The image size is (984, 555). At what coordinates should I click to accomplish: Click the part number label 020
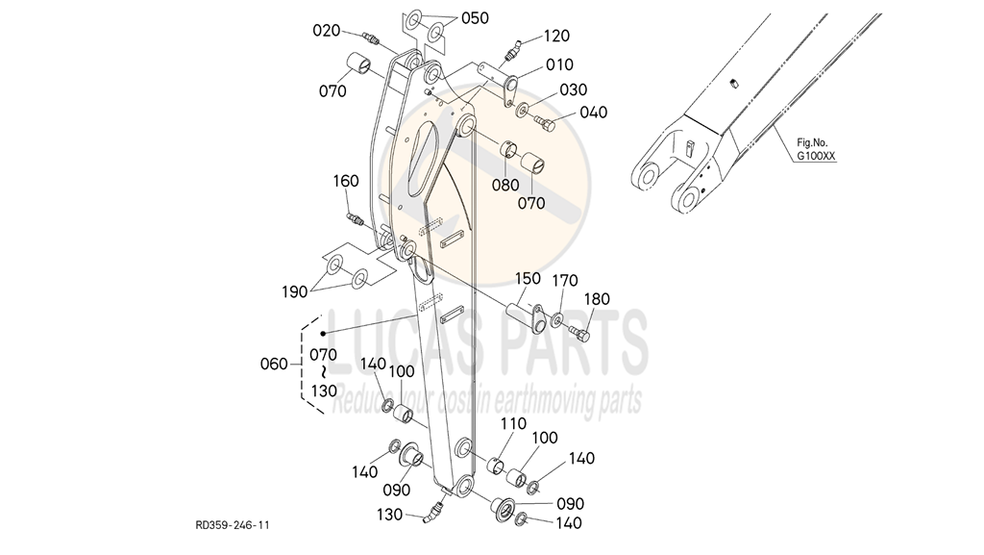327,31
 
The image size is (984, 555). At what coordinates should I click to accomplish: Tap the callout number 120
556,36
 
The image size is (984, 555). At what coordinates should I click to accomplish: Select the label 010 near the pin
559,64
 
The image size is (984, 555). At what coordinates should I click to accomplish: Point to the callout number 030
573,89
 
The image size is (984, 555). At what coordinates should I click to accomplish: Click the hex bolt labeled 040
546,124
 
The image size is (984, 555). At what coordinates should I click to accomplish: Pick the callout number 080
505,186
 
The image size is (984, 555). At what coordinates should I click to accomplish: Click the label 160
346,181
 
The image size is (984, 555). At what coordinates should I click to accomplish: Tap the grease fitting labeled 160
356,219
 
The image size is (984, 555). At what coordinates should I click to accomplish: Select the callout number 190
294,292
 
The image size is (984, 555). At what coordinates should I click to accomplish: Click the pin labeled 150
526,315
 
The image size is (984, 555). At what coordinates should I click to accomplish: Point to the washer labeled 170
557,321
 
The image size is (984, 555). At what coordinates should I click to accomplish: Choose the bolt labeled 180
579,333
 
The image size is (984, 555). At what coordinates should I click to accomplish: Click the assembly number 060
274,365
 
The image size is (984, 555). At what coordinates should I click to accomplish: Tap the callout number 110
513,424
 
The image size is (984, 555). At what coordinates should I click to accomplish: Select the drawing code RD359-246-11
233,525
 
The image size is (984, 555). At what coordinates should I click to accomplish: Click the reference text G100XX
816,157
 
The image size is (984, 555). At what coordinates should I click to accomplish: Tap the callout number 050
475,18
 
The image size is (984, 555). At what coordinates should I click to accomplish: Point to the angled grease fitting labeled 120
512,51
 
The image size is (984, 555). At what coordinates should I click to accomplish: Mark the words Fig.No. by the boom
812,143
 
